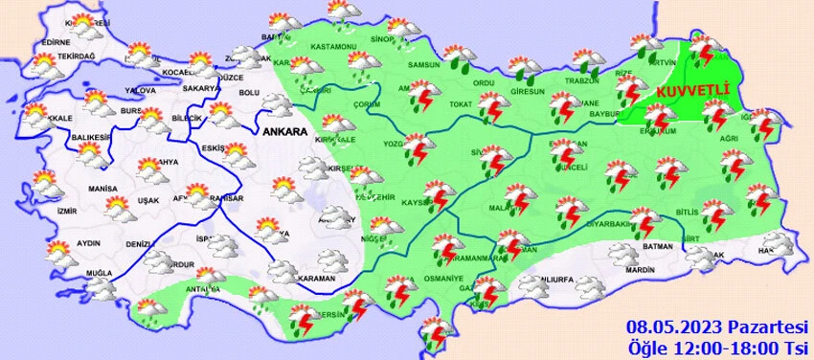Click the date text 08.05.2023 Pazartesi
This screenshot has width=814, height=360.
pyautogui.click(x=717, y=325)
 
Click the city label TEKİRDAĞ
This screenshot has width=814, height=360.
pyautogui.click(x=78, y=56)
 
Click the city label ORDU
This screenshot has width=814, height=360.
pyautogui.click(x=484, y=84)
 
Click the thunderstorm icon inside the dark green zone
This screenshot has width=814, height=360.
pyautogui.click(x=707, y=53)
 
